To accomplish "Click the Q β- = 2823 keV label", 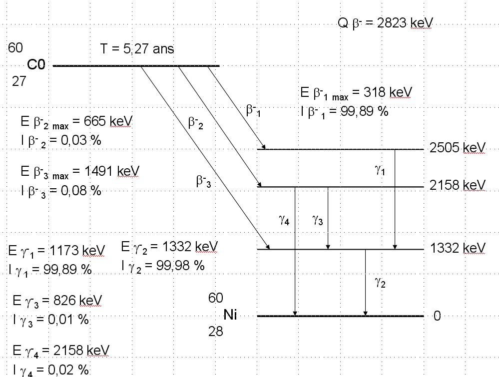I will (x=385, y=23).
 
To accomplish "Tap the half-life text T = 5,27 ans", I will (x=137, y=48).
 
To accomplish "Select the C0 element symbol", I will (x=36, y=65).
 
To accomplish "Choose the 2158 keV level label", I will (x=457, y=186).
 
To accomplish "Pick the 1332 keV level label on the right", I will (x=457, y=248).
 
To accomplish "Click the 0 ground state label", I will (x=437, y=316).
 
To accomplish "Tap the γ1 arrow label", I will (x=380, y=170).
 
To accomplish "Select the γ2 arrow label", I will (x=380, y=283).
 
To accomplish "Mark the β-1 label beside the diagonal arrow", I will (x=253, y=110).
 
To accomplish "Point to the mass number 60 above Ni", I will (x=216, y=298).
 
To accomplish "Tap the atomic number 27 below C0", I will (x=18, y=81).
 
